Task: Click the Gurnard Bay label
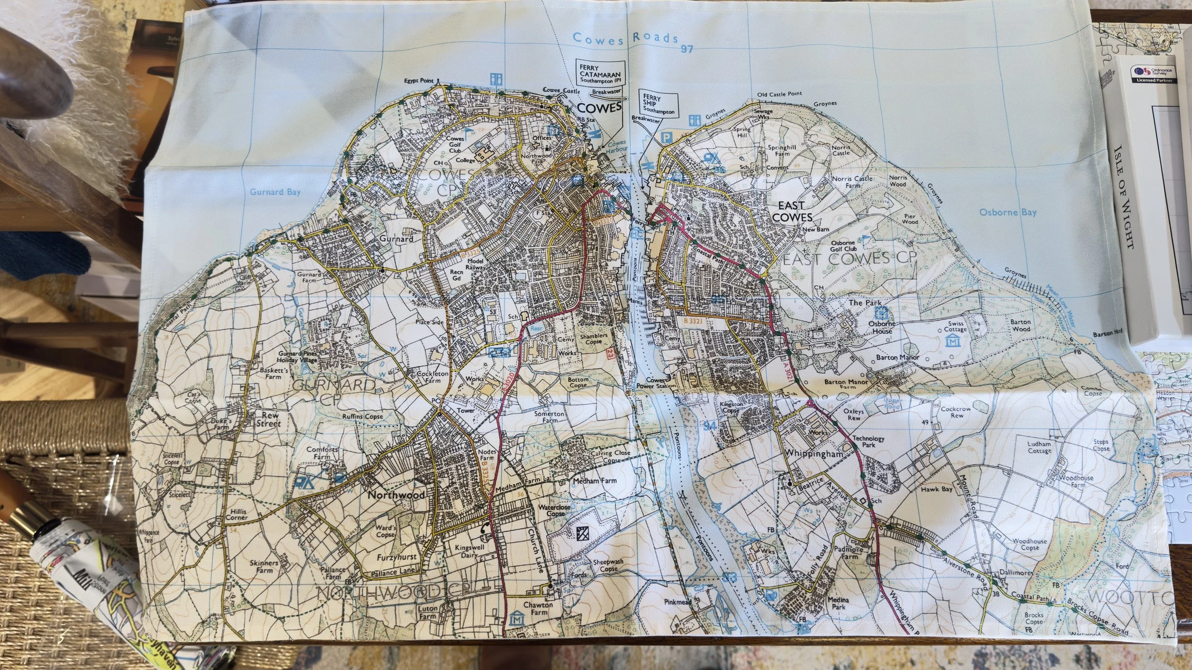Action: click(276, 192)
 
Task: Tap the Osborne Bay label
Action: click(1007, 212)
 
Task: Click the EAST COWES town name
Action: click(791, 212)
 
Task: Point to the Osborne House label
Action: click(882, 327)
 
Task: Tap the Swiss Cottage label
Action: click(955, 326)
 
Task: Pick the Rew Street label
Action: click(269, 419)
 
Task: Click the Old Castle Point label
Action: click(780, 94)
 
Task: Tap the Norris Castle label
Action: click(841, 150)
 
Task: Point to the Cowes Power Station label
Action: click(656, 383)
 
